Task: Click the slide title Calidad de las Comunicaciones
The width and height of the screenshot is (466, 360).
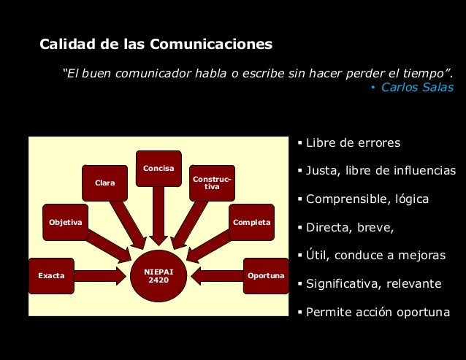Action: (156, 45)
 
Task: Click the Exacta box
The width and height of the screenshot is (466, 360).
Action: (51, 276)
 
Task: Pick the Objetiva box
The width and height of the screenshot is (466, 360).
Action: (65, 222)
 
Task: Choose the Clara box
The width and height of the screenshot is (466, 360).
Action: (104, 183)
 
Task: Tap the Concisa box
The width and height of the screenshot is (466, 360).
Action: (158, 169)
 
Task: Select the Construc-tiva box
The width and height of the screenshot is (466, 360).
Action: (212, 183)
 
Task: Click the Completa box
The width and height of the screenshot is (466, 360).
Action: (251, 222)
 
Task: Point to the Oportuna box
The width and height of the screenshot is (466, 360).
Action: (266, 276)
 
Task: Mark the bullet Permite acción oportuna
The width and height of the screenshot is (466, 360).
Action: (378, 312)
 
